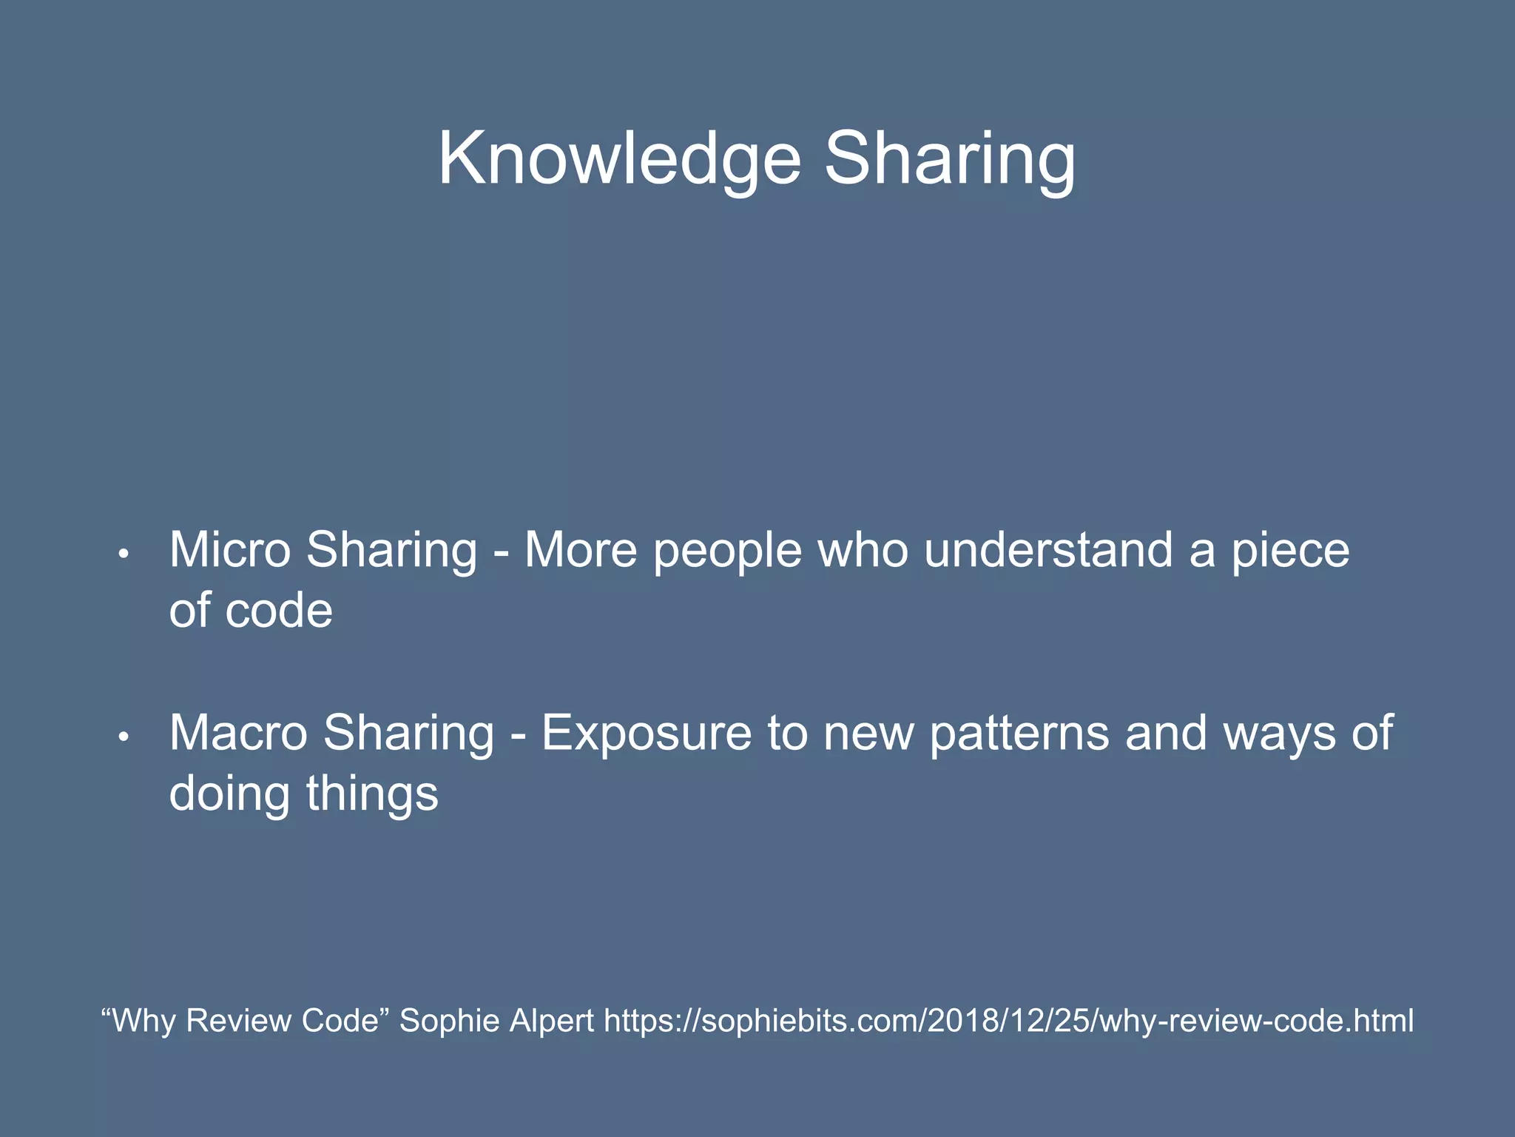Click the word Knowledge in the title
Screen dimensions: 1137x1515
tap(620, 159)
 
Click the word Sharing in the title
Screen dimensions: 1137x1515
tap(950, 159)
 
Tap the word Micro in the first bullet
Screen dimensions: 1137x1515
tap(230, 550)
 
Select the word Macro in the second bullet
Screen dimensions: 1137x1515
tap(238, 733)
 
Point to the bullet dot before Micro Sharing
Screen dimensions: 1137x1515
tap(124, 554)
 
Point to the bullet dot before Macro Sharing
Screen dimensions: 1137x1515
tap(124, 737)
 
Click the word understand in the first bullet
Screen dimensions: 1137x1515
tap(1048, 550)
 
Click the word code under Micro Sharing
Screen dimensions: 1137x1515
tap(279, 611)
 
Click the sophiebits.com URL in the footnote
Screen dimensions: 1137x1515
tap(1008, 1021)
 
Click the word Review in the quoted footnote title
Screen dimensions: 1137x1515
tap(238, 1021)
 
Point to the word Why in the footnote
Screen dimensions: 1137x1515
tap(144, 1021)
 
